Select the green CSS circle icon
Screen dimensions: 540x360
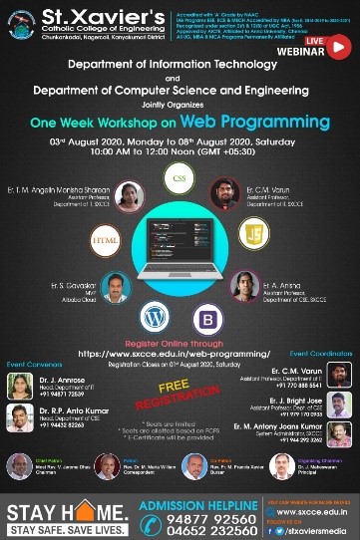[180, 180]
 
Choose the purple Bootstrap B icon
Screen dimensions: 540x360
[209, 320]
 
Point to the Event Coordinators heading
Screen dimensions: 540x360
[321, 354]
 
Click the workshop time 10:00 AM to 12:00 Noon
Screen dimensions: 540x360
[180, 153]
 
